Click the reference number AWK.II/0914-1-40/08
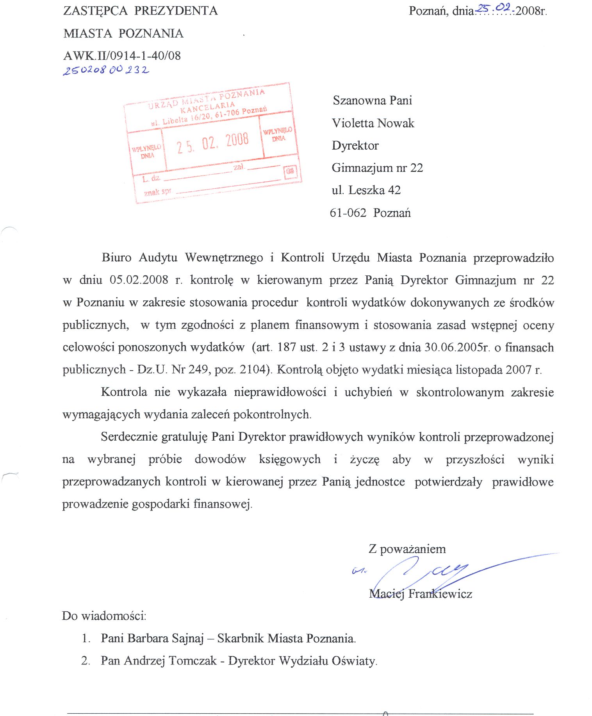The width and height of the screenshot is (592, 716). click(122, 55)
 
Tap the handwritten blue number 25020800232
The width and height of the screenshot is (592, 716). click(106, 70)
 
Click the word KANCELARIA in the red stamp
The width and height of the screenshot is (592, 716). click(207, 105)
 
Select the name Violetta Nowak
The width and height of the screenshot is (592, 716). click(373, 123)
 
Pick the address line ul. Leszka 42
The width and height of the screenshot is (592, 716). click(366, 190)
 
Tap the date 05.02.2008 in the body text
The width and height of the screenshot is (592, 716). click(139, 280)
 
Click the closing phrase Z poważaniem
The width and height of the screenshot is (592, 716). click(407, 549)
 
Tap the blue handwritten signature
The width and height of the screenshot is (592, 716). click(422, 572)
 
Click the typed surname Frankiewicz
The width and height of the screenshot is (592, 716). click(440, 594)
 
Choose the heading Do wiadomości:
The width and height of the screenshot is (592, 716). click(104, 616)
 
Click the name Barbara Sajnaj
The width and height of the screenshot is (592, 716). click(166, 638)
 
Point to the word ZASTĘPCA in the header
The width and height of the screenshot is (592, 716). click(95, 11)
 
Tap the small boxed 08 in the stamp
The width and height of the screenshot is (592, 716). click(290, 171)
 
